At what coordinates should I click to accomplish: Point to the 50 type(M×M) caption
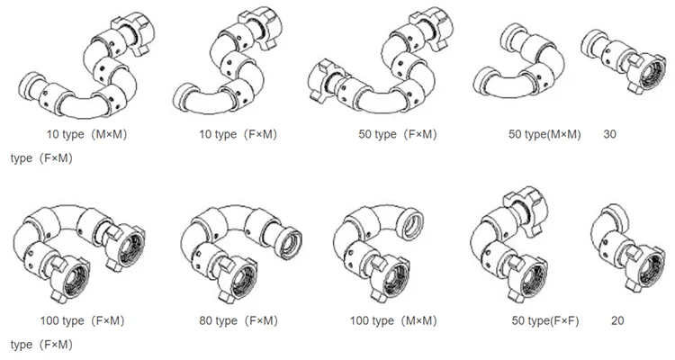544,134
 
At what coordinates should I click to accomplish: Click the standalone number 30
609,134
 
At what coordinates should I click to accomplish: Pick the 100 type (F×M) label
82,320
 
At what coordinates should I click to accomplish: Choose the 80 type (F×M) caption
237,320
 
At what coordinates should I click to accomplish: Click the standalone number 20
616,320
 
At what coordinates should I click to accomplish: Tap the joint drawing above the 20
620,247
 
